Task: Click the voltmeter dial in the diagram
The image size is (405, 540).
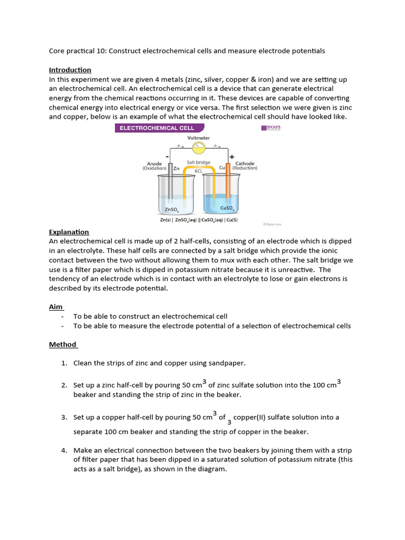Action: tap(198, 146)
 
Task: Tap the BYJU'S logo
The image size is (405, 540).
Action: tap(271, 128)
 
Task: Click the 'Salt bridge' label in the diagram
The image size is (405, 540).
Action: tap(198, 163)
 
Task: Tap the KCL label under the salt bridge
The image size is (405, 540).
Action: tap(198, 171)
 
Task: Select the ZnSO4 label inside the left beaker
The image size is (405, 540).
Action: tap(170, 209)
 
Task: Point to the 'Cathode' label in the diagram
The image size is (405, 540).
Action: tap(245, 163)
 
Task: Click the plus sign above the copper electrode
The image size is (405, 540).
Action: tap(232, 157)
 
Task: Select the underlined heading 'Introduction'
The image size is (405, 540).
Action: tap(70, 70)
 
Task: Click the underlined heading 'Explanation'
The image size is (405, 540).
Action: tap(69, 232)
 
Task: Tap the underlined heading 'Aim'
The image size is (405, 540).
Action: tap(56, 307)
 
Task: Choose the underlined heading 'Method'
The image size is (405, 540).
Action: tap(63, 345)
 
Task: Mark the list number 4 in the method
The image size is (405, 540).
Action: tap(63, 450)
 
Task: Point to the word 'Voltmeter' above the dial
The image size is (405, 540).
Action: tap(198, 138)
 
